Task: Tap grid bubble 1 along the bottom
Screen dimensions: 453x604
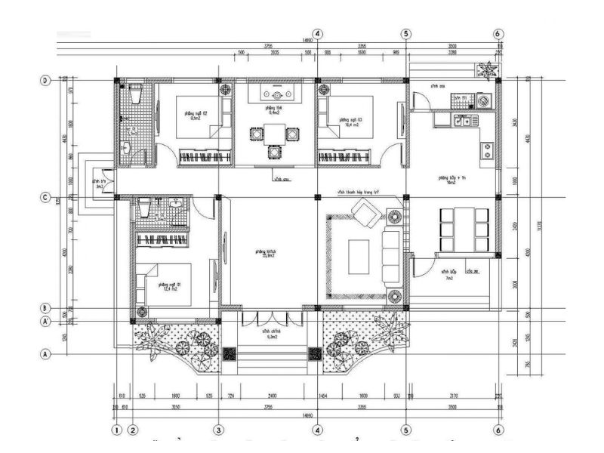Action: tap(116, 430)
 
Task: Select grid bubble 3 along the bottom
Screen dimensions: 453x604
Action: tap(219, 430)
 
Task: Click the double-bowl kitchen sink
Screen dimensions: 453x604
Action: tap(461, 120)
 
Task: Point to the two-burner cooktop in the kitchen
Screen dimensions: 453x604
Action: tap(487, 149)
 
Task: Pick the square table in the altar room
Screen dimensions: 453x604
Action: tap(275, 135)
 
